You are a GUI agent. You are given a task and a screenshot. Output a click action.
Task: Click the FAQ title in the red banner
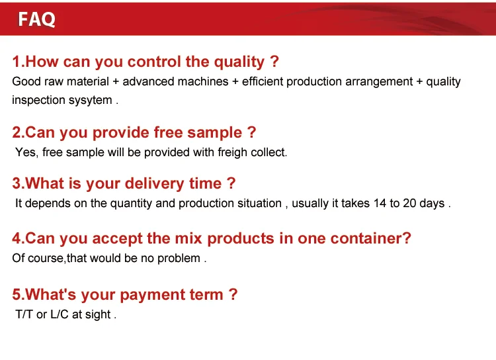click(x=37, y=19)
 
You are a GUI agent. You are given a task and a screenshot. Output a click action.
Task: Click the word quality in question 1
click(x=239, y=62)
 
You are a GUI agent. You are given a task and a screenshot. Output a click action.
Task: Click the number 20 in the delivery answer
click(x=409, y=203)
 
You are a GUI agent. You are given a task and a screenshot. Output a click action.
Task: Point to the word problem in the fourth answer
click(x=179, y=258)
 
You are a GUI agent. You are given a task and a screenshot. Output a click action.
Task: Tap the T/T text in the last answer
click(x=24, y=314)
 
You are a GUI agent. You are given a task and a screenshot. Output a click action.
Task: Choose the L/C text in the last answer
click(x=60, y=314)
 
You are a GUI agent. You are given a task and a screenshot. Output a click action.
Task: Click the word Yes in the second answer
click(x=26, y=152)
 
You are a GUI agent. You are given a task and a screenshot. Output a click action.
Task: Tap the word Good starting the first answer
click(x=25, y=81)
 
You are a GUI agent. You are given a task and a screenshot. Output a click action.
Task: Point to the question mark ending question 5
click(x=232, y=294)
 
